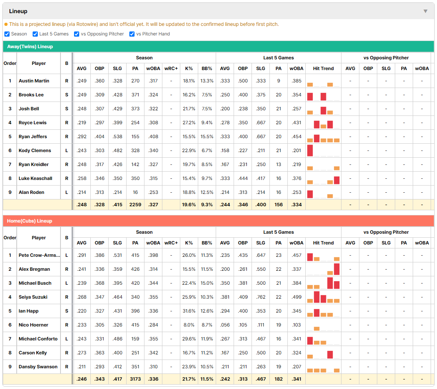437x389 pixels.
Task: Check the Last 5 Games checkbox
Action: click(35, 34)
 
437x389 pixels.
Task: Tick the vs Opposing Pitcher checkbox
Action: click(77, 34)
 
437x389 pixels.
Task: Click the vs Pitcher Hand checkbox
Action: click(132, 34)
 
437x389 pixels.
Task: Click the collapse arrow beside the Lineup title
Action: click(425, 11)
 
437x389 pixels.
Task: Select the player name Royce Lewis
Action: click(33, 123)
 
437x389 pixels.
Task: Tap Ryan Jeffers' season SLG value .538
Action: click(117, 137)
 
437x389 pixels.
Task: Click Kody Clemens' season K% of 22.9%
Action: click(189, 151)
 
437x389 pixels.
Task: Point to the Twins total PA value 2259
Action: click(135, 205)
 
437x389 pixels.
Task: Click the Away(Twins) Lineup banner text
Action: click(30, 47)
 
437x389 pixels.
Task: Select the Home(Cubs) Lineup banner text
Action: click(29, 221)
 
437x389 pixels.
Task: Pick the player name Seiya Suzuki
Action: click(33, 297)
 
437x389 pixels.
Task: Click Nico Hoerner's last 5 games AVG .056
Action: click(224, 325)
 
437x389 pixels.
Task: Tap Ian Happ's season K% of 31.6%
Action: click(189, 311)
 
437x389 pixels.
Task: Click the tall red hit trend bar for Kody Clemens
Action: click(310, 151)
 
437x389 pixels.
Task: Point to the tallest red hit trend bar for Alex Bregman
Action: click(337, 269)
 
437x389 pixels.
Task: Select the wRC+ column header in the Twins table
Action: click(171, 68)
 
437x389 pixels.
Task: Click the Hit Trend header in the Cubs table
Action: click(323, 243)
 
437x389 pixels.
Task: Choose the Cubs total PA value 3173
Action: click(135, 379)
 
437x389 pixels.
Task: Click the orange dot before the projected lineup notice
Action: click(6, 24)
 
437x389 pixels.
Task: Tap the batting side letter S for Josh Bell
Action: click(66, 109)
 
